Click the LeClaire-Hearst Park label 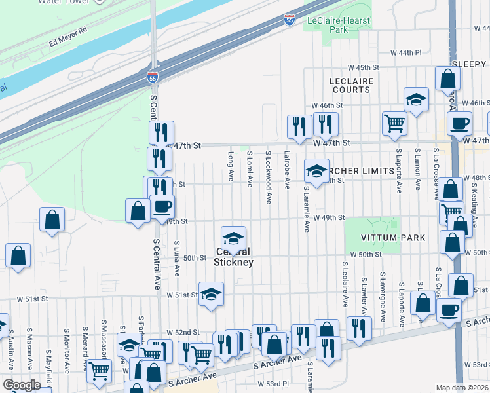tap(338, 25)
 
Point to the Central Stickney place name tap(234, 257)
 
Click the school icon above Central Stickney tap(234, 238)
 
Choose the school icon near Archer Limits tap(316, 172)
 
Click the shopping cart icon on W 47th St tap(394, 122)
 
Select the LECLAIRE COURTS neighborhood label tap(351, 85)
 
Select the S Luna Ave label tap(177, 258)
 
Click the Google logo tap(22, 385)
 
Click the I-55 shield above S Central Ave tap(152, 77)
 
